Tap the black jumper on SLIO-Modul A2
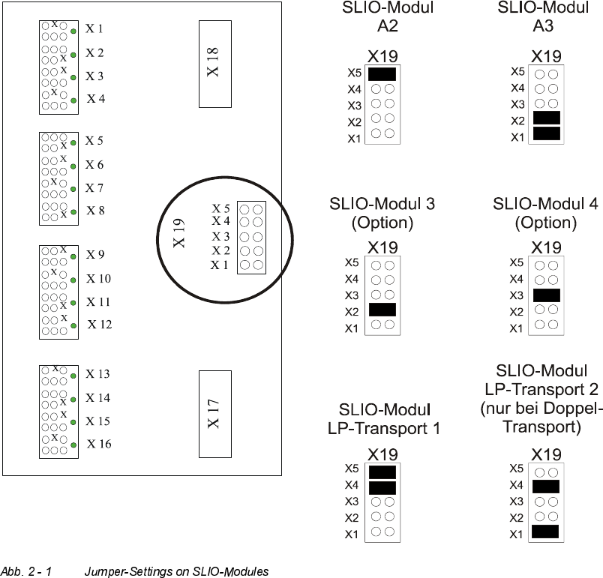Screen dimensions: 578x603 382,73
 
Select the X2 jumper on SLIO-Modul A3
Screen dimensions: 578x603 546,118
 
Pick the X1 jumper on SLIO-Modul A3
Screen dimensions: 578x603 546,133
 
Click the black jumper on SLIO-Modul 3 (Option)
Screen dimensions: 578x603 382,309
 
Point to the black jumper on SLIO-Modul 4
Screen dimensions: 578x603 546,295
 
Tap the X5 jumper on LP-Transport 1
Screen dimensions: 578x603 382,472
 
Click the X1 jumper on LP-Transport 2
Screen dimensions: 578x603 546,532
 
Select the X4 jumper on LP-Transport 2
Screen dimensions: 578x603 546,486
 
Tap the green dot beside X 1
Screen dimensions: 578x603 73,31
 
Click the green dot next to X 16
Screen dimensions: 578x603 73,445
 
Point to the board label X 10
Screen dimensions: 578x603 98,279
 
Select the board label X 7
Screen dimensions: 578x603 94,187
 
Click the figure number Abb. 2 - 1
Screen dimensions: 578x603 26,571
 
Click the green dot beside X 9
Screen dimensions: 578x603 73,256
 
